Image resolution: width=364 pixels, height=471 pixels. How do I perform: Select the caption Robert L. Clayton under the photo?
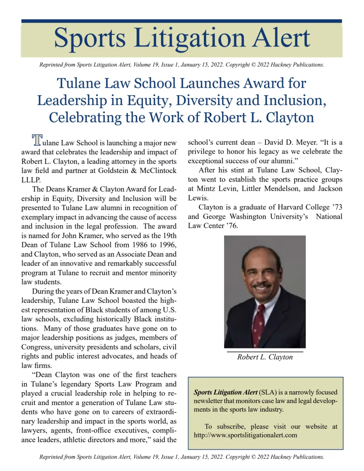tap(265, 357)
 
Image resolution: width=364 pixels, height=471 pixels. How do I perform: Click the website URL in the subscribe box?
tap(245, 435)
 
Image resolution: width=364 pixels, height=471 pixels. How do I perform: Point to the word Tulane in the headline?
tap(81, 83)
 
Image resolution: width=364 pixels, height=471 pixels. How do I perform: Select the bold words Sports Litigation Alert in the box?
tap(226, 392)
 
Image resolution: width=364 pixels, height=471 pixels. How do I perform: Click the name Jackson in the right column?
tap(330, 189)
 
